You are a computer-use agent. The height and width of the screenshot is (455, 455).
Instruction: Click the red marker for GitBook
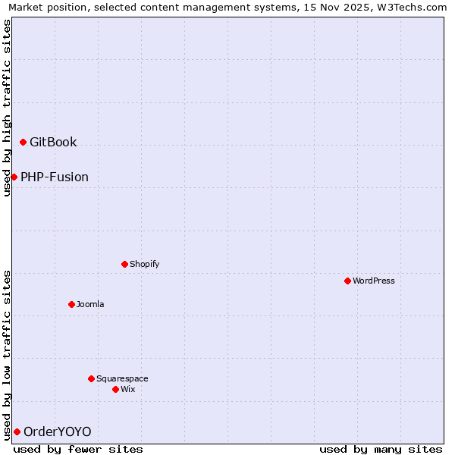point(24,143)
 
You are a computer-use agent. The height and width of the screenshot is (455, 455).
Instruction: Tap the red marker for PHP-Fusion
point(14,177)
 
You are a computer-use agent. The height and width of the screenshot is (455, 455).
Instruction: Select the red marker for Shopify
point(124,264)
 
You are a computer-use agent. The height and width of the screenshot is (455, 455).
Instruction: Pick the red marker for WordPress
point(348,281)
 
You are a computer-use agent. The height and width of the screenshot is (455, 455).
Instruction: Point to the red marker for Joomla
point(71,304)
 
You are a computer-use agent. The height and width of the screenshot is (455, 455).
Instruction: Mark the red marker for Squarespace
point(91,378)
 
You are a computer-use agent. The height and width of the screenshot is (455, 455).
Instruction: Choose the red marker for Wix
point(115,389)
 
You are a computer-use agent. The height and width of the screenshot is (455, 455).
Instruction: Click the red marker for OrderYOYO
point(17,431)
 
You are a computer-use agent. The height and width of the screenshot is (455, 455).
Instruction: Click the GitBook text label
point(53,143)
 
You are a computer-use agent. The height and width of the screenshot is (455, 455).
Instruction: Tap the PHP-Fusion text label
point(55,177)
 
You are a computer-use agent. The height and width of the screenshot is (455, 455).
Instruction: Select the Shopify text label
point(144,264)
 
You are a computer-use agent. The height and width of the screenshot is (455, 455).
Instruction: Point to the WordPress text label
point(374,281)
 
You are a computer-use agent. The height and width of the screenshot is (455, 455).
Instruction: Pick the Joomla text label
point(90,304)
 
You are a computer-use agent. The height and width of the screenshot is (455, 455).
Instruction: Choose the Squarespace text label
point(122,378)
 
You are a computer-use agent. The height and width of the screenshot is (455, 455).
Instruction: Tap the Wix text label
point(128,389)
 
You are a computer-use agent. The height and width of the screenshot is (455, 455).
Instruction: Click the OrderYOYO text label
point(58,431)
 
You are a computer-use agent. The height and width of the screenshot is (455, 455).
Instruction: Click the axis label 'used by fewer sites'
point(78,449)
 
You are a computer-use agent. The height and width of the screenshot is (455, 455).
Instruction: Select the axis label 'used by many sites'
point(381,449)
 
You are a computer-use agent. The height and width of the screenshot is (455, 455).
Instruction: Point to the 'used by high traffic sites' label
point(7,108)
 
